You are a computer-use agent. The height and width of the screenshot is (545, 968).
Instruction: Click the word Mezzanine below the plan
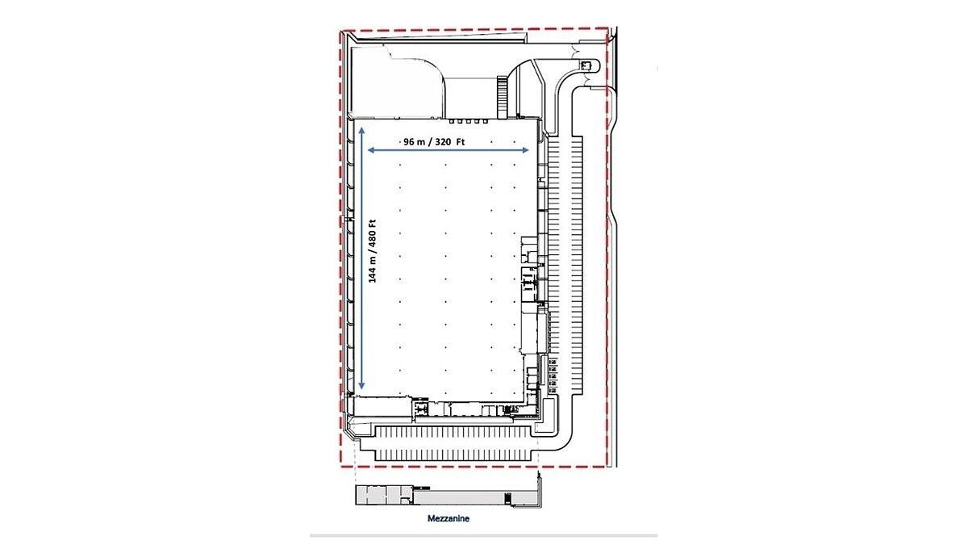pyautogui.click(x=449, y=518)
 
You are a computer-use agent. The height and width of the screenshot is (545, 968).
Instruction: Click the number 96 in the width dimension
pyautogui.click(x=408, y=142)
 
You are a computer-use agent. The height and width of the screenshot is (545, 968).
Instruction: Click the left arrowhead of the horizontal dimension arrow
pyautogui.click(x=370, y=150)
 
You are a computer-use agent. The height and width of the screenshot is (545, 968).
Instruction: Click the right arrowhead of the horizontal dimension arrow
pyautogui.click(x=525, y=150)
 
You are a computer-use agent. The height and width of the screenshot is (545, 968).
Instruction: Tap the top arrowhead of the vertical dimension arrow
pyautogui.click(x=361, y=130)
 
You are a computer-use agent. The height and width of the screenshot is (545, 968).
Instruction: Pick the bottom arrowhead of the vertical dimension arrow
pyautogui.click(x=361, y=385)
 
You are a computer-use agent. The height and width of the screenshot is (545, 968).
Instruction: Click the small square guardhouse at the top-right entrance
pyautogui.click(x=585, y=65)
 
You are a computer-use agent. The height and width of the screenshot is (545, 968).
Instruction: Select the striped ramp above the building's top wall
pyautogui.click(x=501, y=98)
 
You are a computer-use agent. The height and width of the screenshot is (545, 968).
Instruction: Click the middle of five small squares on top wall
pyautogui.click(x=469, y=122)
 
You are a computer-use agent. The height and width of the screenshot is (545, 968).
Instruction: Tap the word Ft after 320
pyautogui.click(x=461, y=142)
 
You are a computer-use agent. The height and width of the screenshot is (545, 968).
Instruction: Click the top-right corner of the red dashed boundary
pyautogui.click(x=608, y=29)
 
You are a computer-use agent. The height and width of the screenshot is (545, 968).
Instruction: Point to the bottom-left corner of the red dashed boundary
pyautogui.click(x=341, y=467)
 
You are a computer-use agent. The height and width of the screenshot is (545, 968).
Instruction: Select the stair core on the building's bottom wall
pyautogui.click(x=419, y=408)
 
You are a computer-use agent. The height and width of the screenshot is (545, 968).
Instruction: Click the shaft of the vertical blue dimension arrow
pyautogui.click(x=361, y=258)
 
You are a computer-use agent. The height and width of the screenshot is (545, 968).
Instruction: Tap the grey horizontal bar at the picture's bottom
pyautogui.click(x=484, y=535)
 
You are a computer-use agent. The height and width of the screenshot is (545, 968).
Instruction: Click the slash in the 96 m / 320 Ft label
pyautogui.click(x=429, y=142)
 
